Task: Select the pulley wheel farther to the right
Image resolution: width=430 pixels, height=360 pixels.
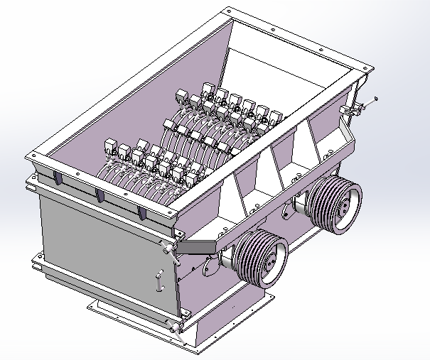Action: click(x=333, y=203)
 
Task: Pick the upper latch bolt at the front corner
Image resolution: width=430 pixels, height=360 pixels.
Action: click(x=165, y=246)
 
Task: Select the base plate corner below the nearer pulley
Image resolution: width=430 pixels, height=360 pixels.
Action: click(x=270, y=298)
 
